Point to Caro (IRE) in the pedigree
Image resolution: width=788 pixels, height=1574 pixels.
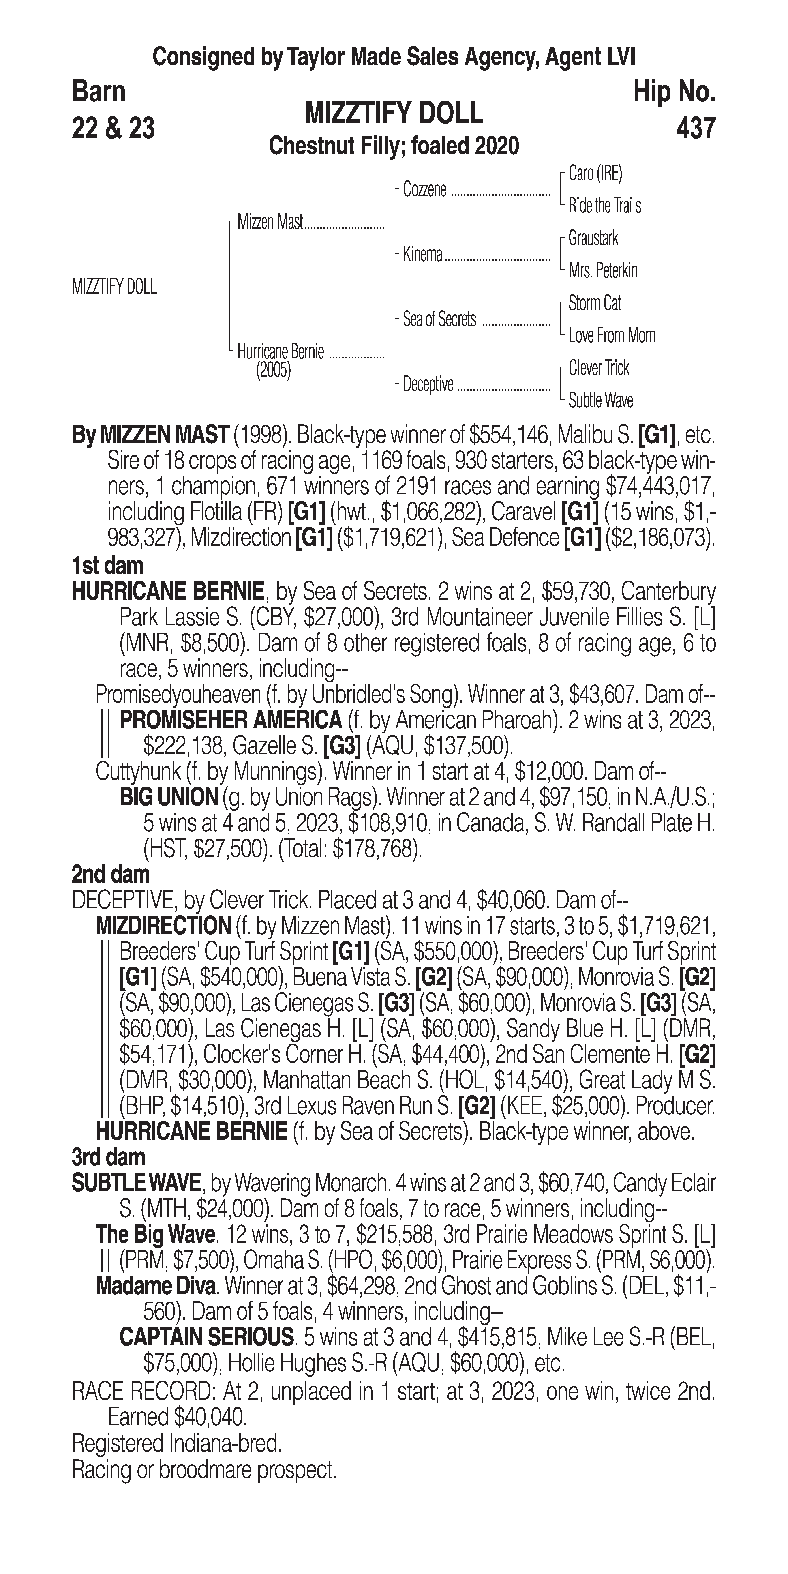(595, 174)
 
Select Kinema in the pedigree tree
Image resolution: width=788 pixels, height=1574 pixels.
(423, 255)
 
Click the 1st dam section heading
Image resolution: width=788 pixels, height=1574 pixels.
(107, 566)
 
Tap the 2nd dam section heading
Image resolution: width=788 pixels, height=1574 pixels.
(111, 874)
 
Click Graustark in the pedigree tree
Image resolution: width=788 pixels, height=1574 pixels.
(593, 238)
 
